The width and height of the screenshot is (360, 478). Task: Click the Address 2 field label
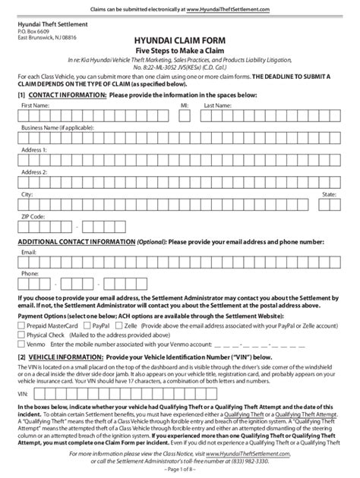coord(34,173)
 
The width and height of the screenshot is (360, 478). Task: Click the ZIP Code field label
coord(33,216)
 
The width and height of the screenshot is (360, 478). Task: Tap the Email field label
coord(29,250)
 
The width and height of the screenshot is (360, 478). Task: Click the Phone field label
coord(30,272)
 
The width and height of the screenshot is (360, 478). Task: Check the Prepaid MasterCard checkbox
coord(21,324)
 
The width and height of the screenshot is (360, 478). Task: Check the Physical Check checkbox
coord(21,334)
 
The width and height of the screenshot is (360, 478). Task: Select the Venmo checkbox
coord(21,344)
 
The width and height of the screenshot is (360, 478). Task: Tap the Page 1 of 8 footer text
coord(179,470)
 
